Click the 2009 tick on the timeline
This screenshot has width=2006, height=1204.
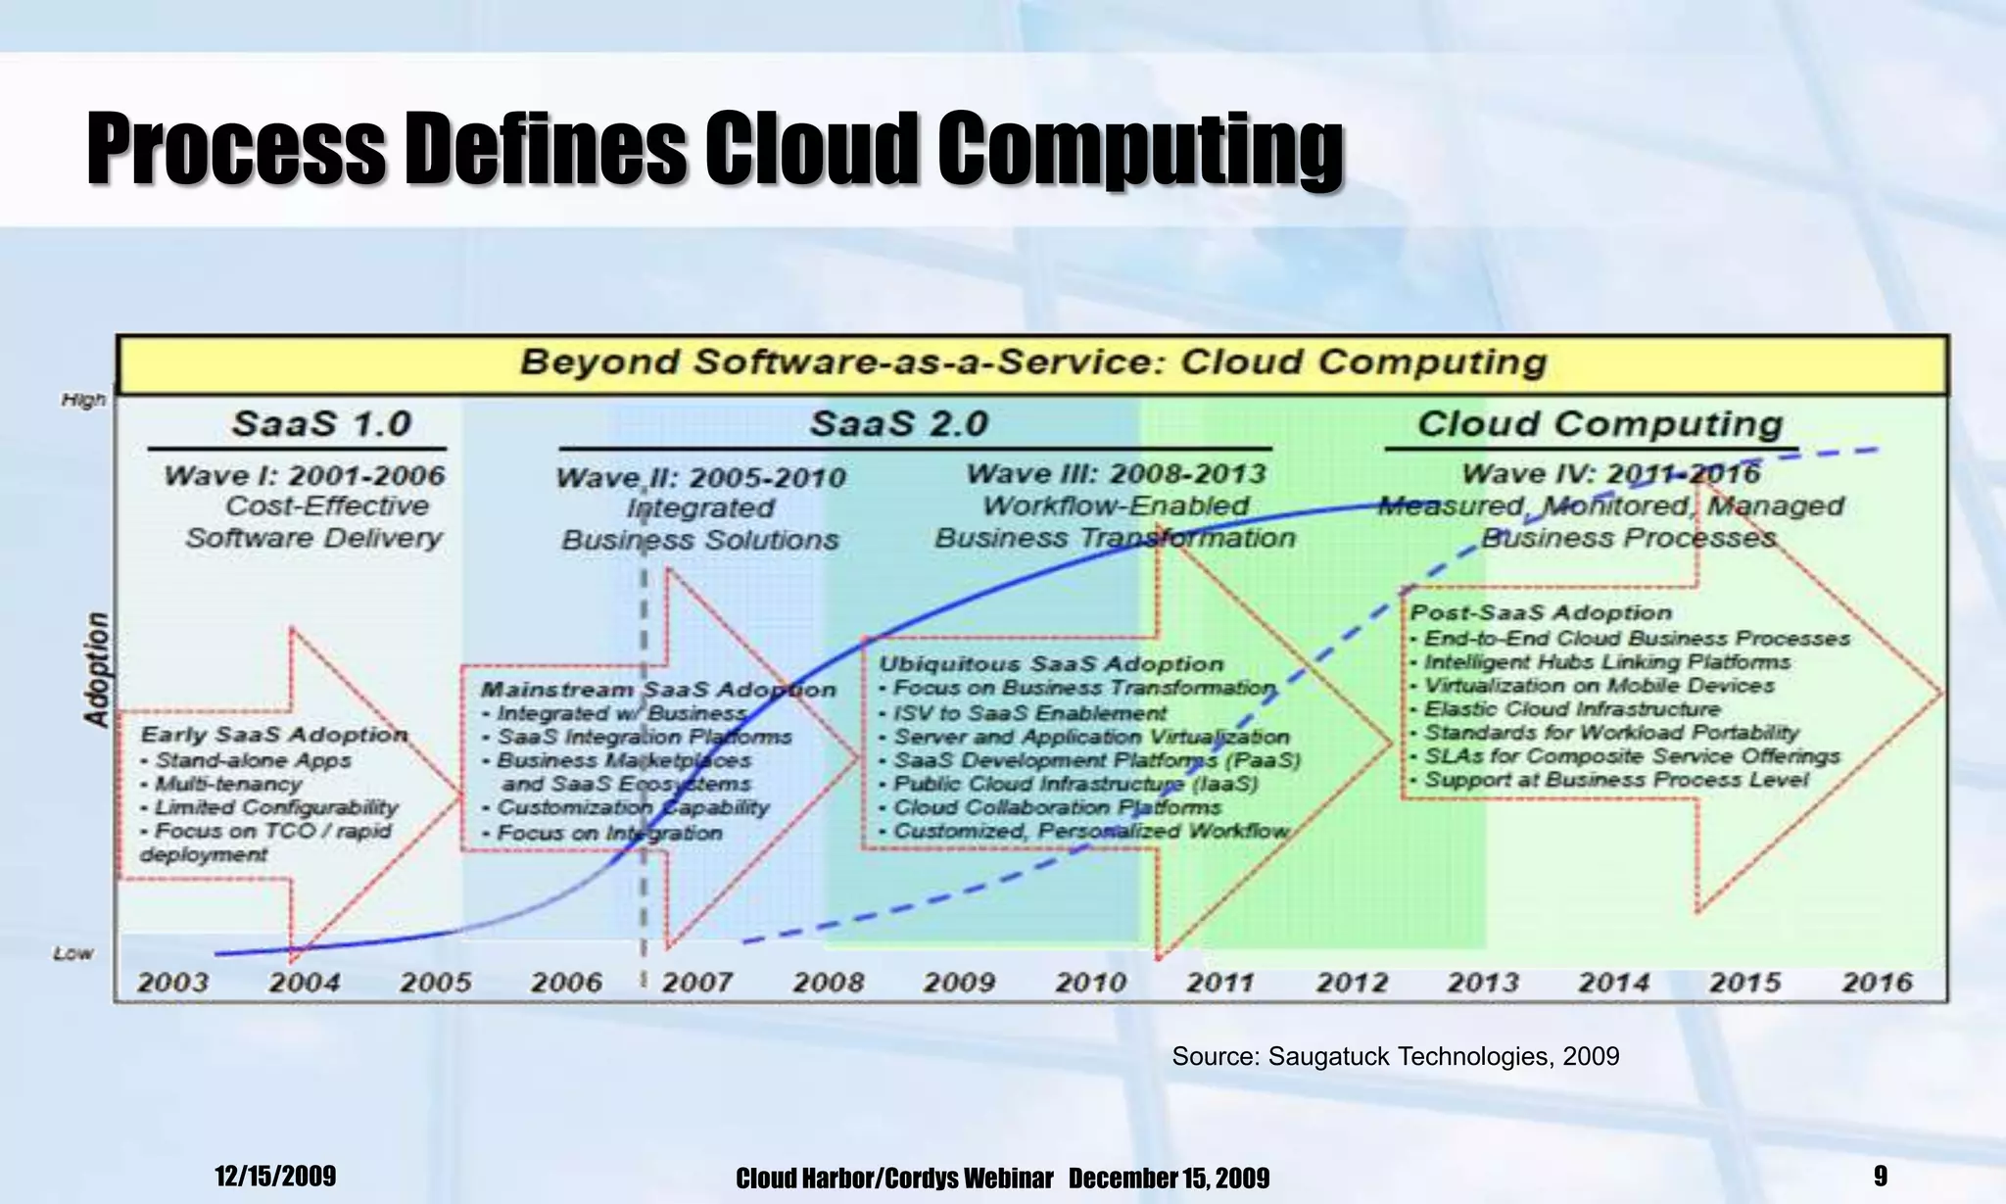pos(959,982)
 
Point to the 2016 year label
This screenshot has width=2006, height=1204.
pos(1877,982)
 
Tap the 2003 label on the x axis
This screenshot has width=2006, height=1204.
pos(172,982)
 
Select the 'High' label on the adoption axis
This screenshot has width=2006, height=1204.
pos(83,400)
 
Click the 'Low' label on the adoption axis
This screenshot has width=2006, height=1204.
pos(73,953)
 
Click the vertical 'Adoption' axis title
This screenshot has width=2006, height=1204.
pos(97,670)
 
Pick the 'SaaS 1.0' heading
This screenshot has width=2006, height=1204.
pos(320,424)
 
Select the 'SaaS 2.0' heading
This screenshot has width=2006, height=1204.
pos(898,424)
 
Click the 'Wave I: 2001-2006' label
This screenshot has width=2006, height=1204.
pos(304,476)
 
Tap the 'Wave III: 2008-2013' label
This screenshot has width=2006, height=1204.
pos(1116,474)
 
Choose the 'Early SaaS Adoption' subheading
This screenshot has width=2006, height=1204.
pos(274,735)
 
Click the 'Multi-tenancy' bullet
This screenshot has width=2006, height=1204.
pos(227,784)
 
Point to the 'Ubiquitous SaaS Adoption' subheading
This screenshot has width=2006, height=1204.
pos(1051,664)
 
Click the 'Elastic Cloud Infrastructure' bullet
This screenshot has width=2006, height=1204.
pos(1571,709)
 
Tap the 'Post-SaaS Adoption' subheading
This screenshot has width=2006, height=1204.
pos(1541,613)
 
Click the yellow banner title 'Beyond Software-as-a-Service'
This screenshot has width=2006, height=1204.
pos(1032,362)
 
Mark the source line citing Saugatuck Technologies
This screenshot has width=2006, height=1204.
pos(1395,1056)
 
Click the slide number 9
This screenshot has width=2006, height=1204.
pos(1880,1176)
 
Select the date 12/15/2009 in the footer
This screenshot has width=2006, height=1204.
pos(275,1176)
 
